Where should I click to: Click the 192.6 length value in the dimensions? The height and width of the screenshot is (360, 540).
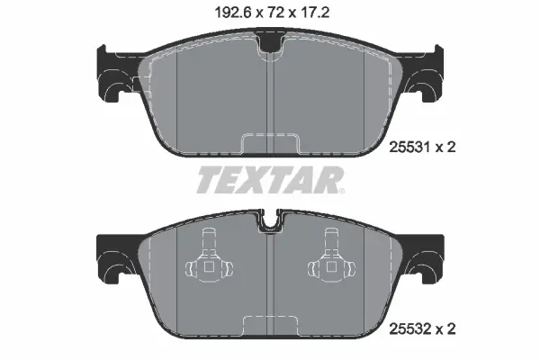click(232, 13)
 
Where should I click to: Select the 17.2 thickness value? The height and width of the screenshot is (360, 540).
click(315, 13)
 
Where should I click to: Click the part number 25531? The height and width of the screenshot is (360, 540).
click(409, 148)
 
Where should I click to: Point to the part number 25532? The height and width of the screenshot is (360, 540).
click(409, 329)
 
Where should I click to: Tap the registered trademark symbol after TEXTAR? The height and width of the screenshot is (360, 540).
click(341, 191)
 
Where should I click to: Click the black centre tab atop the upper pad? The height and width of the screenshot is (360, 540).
click(271, 41)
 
